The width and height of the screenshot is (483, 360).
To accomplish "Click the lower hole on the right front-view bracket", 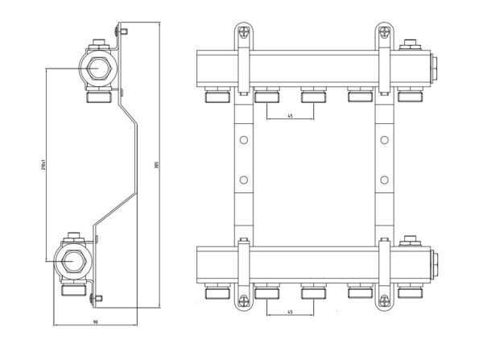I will pyautogui.click(x=385, y=178).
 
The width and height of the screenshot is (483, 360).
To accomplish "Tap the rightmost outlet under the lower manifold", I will pyautogui.click(x=409, y=290).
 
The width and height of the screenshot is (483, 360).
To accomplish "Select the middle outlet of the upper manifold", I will pyautogui.click(x=312, y=97).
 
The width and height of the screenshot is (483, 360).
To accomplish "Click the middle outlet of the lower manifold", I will pyautogui.click(x=312, y=290).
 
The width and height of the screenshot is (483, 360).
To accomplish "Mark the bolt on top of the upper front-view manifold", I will pyautogui.click(x=410, y=43).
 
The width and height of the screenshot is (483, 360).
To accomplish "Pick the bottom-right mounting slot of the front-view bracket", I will pyautogui.click(x=383, y=300).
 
